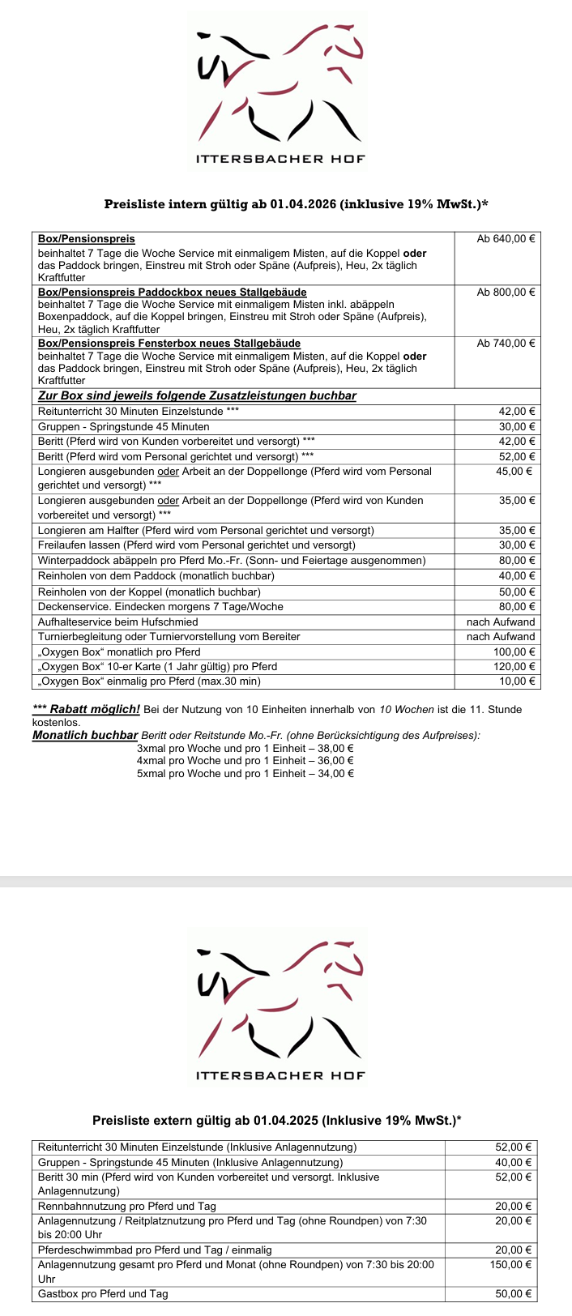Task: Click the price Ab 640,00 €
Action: (506, 239)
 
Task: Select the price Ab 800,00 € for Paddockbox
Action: (506, 292)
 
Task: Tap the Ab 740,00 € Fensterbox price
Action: (506, 344)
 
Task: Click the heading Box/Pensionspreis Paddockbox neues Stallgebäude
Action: (173, 292)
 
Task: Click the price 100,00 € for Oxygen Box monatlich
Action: (514, 652)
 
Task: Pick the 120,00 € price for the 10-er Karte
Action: (514, 667)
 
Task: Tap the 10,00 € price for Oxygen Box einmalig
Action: (517, 681)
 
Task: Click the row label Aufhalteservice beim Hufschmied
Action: (118, 622)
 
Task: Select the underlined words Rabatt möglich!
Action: (95, 709)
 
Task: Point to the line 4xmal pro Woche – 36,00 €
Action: (245, 761)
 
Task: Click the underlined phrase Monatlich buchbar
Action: (85, 735)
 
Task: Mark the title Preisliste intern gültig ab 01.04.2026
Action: (296, 204)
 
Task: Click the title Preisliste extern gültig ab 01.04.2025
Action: (277, 1121)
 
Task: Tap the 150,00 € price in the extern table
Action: (511, 1264)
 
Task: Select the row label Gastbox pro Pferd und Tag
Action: (103, 1294)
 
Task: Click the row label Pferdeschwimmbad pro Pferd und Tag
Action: (155, 1250)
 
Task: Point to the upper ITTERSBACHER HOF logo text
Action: (280, 159)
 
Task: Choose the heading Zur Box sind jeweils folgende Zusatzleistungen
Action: (197, 395)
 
